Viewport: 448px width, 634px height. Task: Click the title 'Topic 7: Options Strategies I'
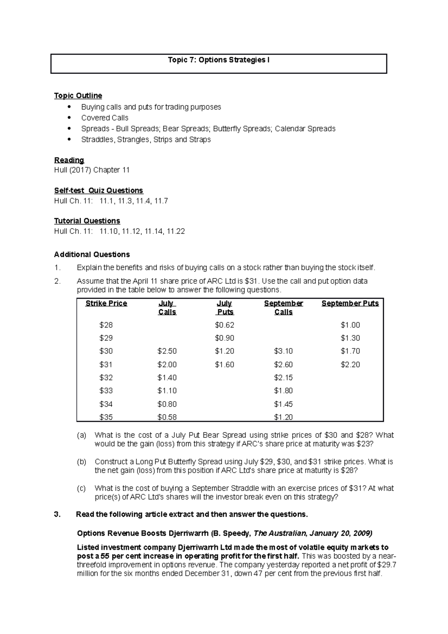click(x=218, y=60)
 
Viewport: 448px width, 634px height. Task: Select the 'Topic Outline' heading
click(x=78, y=96)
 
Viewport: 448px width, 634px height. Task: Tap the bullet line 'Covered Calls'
click(x=105, y=118)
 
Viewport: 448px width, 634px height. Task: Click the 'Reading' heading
click(x=69, y=160)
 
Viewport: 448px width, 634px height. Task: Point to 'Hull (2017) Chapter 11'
click(x=92, y=170)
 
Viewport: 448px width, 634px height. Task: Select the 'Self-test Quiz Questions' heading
click(x=99, y=191)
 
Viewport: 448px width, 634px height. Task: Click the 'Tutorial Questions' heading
click(x=87, y=221)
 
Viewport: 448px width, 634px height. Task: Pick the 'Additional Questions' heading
click(x=92, y=255)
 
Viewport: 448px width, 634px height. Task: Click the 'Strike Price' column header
click(x=106, y=304)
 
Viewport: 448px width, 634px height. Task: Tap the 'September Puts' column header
click(x=350, y=304)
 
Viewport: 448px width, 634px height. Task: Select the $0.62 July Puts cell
click(x=224, y=325)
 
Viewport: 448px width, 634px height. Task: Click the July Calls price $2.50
click(x=167, y=351)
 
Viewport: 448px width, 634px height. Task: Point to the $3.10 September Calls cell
click(x=283, y=351)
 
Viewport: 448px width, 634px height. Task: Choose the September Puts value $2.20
click(x=350, y=365)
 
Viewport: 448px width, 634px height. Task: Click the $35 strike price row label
click(x=106, y=417)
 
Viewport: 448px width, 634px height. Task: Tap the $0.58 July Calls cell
click(x=167, y=417)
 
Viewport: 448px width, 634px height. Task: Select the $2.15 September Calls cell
click(x=283, y=378)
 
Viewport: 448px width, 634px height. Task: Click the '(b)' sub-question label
click(x=81, y=462)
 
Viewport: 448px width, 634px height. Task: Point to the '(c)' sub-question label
click(x=81, y=488)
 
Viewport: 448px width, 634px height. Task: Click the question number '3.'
click(x=57, y=515)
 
